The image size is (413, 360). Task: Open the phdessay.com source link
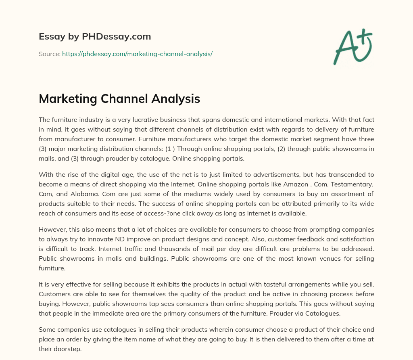(137, 54)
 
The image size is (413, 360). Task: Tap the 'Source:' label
(50, 54)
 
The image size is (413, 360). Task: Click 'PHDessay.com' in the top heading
(117, 37)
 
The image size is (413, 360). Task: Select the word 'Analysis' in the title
(175, 98)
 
